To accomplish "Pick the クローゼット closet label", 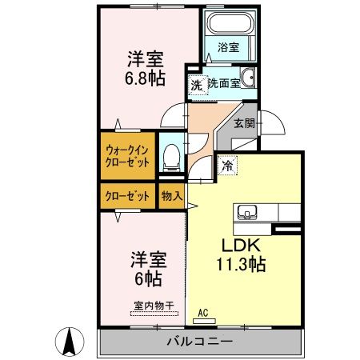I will click(x=128, y=194).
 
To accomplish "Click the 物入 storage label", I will click(x=171, y=194).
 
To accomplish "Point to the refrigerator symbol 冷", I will click(x=228, y=166).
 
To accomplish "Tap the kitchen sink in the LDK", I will click(x=246, y=212).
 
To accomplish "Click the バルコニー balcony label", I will click(x=199, y=342).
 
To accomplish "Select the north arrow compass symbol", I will click(x=70, y=342).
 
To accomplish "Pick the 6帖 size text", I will click(x=147, y=279).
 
